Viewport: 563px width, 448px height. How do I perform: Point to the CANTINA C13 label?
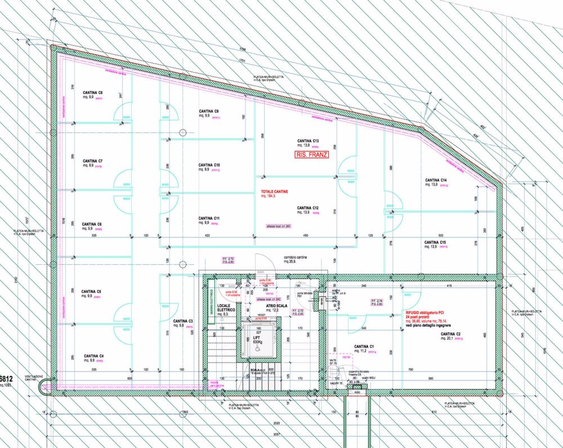(309, 140)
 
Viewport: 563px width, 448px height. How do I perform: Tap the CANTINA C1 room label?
(364, 346)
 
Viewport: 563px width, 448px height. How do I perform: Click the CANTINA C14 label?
(436, 180)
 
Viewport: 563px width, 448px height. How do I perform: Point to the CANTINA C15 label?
(435, 242)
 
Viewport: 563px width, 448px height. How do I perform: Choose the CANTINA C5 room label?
(91, 291)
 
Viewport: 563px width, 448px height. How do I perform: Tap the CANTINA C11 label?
(209, 218)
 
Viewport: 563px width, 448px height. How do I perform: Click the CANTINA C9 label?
(208, 112)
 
